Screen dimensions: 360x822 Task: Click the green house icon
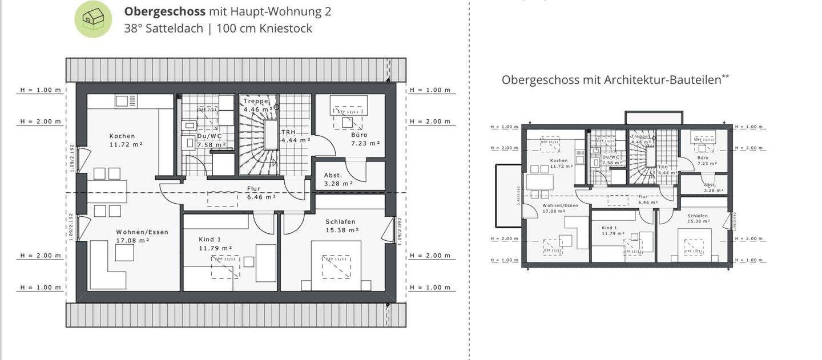93,19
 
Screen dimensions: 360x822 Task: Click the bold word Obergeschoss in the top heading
165,11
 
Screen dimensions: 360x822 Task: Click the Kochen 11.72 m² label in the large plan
122,140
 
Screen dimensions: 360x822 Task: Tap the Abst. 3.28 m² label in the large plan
333,179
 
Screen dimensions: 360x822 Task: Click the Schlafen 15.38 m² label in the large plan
341,225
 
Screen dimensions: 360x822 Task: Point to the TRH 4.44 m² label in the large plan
295,136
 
